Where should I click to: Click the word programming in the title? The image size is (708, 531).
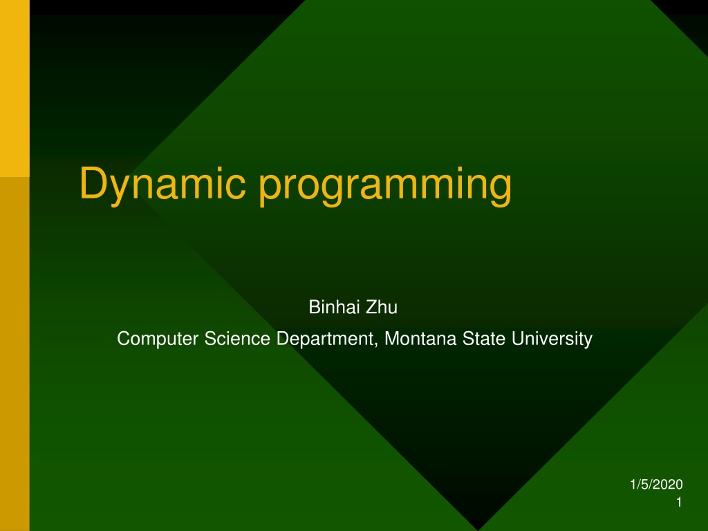[385, 185]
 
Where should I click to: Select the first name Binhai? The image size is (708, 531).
[335, 307]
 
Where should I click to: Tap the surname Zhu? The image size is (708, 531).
[382, 307]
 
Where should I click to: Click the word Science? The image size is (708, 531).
[238, 339]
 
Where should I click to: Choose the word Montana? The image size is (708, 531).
[420, 339]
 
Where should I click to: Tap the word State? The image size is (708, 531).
[483, 339]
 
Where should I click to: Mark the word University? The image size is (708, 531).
[552, 339]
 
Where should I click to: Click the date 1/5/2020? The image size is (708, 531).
[656, 485]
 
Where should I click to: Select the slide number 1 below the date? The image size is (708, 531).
[679, 502]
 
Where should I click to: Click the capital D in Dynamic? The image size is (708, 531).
[94, 183]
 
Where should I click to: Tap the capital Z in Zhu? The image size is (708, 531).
[371, 307]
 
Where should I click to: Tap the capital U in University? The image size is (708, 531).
[517, 339]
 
